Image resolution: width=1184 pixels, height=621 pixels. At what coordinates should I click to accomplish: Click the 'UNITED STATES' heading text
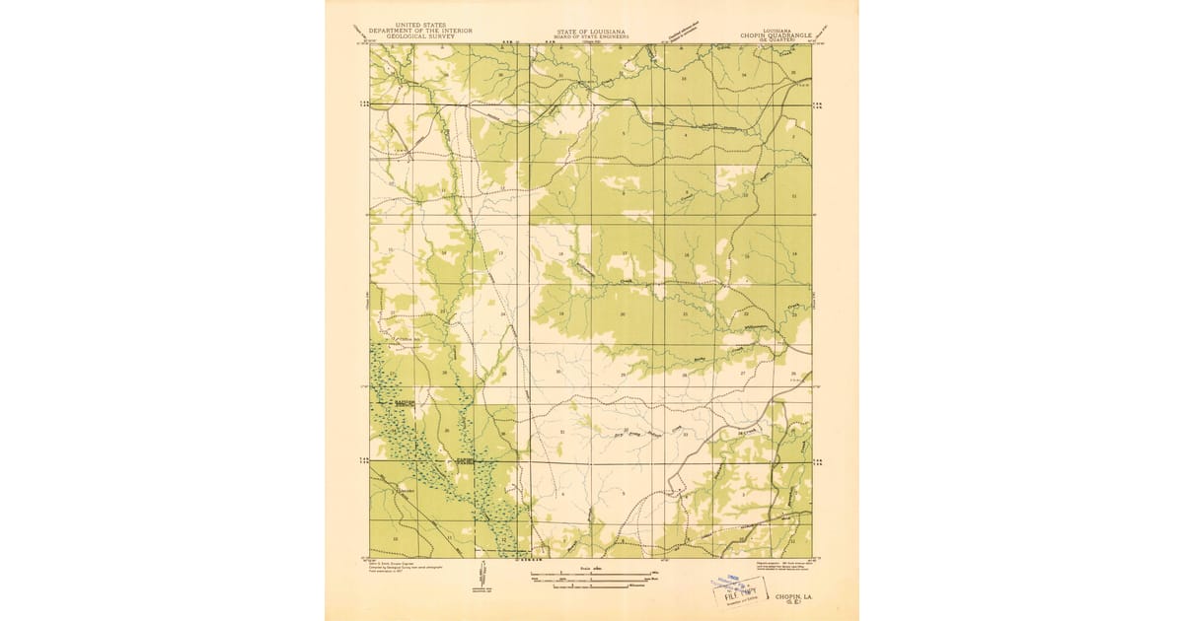419,25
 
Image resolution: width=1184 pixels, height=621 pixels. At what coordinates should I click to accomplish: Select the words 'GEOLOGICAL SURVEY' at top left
419,35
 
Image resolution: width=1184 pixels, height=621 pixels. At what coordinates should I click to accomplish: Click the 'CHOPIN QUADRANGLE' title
775,34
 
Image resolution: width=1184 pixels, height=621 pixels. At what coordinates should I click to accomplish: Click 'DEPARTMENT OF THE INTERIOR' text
419,31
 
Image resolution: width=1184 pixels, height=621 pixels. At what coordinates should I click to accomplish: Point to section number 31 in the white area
562,432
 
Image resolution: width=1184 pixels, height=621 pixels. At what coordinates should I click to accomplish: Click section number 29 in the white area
623,375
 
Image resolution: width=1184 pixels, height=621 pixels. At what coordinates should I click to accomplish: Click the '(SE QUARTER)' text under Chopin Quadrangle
775,39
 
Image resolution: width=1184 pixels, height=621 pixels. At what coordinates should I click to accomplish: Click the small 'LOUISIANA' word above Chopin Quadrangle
775,29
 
